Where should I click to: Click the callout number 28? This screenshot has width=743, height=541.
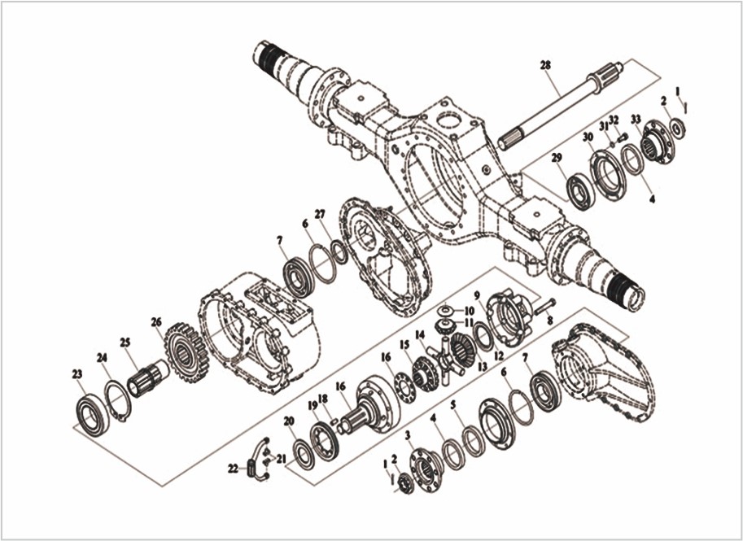pos(545,64)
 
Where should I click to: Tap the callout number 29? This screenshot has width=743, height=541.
pos(557,157)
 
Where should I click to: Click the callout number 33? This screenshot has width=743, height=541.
pos(636,120)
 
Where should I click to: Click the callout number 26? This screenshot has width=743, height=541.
pos(156,322)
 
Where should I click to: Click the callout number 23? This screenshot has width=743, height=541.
pos(77,374)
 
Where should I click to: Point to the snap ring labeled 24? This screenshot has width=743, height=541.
pos(118,399)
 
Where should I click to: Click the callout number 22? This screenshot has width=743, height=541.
pos(233,469)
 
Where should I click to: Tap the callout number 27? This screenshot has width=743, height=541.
pos(320,214)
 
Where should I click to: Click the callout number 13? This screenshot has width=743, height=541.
pos(482,367)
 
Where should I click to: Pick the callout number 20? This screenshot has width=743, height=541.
pos(288,421)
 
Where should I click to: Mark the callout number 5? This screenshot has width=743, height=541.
pos(453,404)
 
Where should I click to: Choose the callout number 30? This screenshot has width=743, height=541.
pos(588,137)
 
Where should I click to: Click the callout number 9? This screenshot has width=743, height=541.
pos(477,294)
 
